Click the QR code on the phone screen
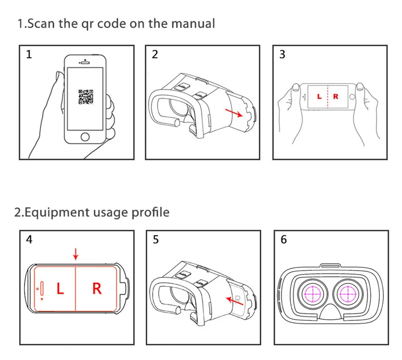tap(86, 96)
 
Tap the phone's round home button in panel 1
tap(86, 136)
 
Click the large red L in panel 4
tap(60, 289)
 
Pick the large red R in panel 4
tap(97, 289)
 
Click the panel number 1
tap(29, 55)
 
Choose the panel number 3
tap(282, 55)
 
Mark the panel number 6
tap(284, 240)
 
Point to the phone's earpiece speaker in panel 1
tap(86, 62)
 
